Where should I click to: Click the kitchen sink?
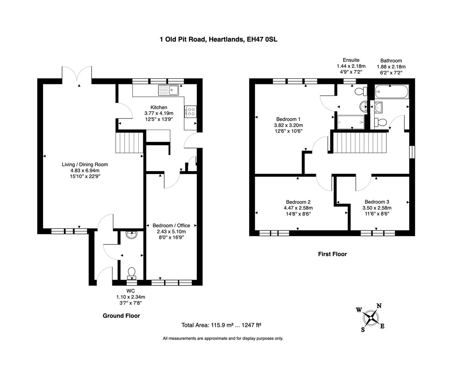click(x=169, y=90)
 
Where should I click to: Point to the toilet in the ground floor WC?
click(x=132, y=273)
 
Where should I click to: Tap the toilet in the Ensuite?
click(x=360, y=92)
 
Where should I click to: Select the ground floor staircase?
click(x=129, y=143)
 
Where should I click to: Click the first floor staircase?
click(x=360, y=142)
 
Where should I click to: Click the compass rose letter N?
click(x=379, y=306)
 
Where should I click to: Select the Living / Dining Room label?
click(x=85, y=164)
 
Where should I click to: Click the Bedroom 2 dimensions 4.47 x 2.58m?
click(x=298, y=208)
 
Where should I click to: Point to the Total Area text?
click(x=221, y=325)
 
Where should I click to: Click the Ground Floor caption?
click(x=121, y=316)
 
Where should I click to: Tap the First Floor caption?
click(x=332, y=254)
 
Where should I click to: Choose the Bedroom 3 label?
click(x=377, y=202)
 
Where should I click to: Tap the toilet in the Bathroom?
click(x=381, y=122)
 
